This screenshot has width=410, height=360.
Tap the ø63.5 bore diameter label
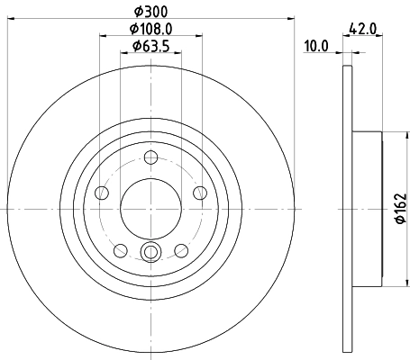pyautogui.click(x=150, y=45)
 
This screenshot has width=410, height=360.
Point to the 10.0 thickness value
pyautogui.click(x=315, y=45)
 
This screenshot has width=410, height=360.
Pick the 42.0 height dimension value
pyautogui.click(x=366, y=28)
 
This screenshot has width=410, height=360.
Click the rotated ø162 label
pyautogui.click(x=401, y=209)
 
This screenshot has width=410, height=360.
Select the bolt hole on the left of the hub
pyautogui.click(x=102, y=193)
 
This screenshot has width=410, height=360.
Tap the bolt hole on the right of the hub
pyautogui.click(x=199, y=193)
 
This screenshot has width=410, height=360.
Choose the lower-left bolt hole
pyautogui.click(x=121, y=249)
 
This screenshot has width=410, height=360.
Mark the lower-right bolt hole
pyautogui.click(x=181, y=249)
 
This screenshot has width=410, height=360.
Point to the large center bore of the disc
pyautogui.click(x=150, y=209)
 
